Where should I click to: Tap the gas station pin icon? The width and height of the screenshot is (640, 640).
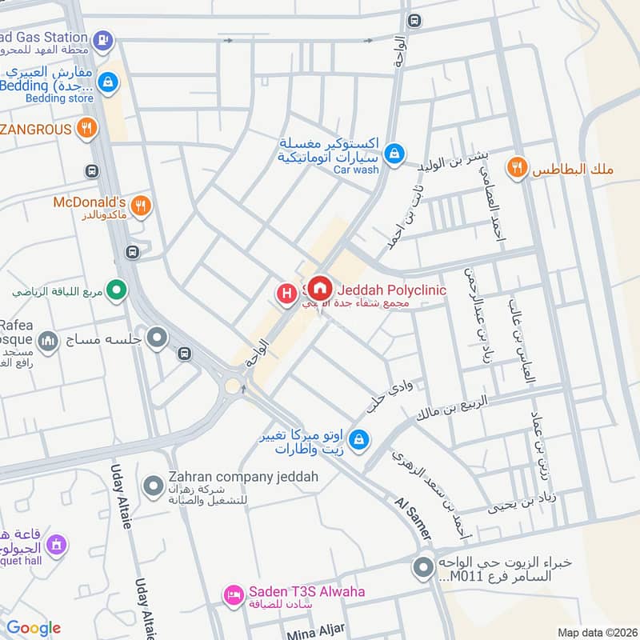click(x=102, y=38)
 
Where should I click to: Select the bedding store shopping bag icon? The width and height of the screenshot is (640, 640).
click(x=110, y=82)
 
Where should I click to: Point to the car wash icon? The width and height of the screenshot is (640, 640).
click(x=394, y=152)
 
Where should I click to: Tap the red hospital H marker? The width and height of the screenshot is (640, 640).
click(x=286, y=294)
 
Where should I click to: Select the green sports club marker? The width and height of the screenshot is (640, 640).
click(x=117, y=290)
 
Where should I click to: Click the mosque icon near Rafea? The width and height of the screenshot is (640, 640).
click(x=48, y=342)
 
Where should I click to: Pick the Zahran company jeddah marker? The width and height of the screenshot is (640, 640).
click(x=153, y=485)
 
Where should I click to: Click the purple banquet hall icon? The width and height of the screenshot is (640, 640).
click(x=55, y=546)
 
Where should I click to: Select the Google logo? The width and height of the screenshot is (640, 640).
click(x=34, y=628)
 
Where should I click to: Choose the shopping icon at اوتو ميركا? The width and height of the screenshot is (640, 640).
click(x=360, y=438)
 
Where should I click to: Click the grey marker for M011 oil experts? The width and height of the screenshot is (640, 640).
click(x=422, y=570)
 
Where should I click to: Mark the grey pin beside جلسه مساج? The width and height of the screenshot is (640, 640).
click(x=158, y=338)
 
